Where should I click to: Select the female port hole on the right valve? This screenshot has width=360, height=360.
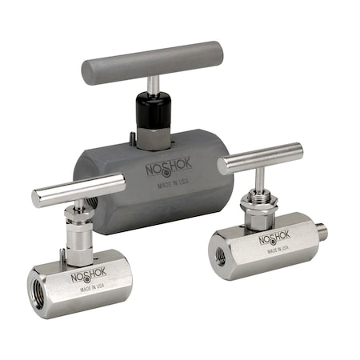220,258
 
